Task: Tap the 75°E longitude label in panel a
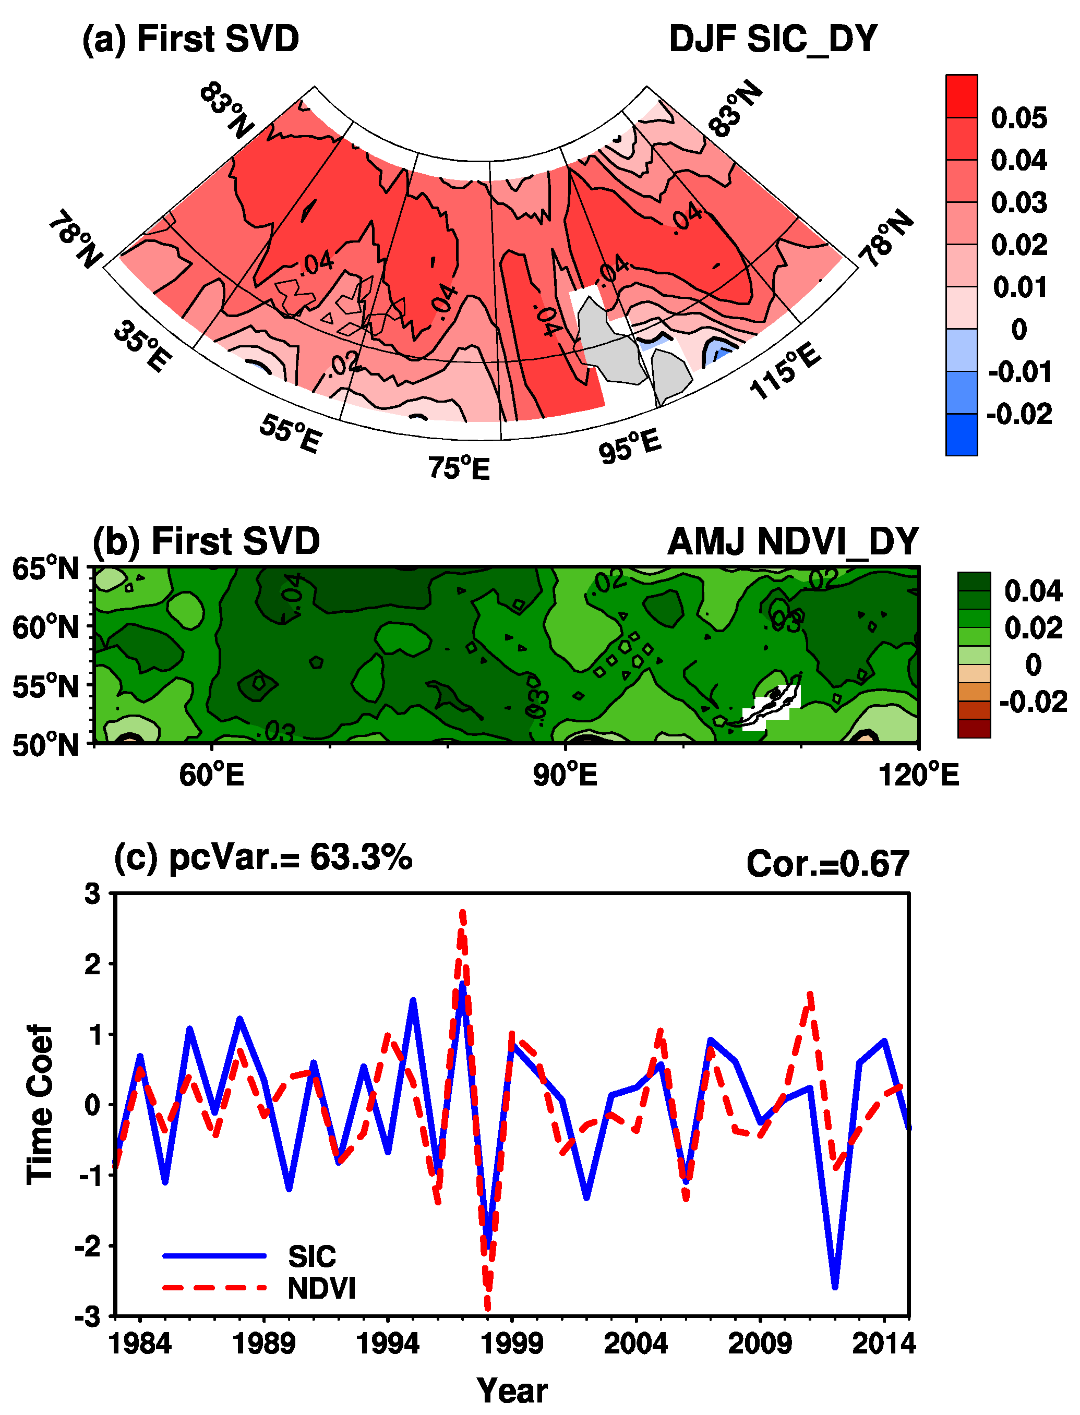click(x=459, y=468)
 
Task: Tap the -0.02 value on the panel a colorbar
click(x=1019, y=414)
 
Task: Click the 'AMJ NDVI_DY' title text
click(x=793, y=542)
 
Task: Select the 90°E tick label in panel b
click(x=565, y=775)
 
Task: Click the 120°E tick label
click(x=919, y=775)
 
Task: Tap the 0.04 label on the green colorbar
click(x=1033, y=590)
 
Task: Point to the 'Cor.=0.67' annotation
click(x=827, y=863)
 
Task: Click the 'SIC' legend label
click(x=312, y=1255)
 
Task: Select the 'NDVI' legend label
click(x=321, y=1288)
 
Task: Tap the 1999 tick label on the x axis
click(x=512, y=1343)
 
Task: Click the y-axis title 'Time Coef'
click(x=40, y=1104)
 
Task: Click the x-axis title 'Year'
click(x=512, y=1390)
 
